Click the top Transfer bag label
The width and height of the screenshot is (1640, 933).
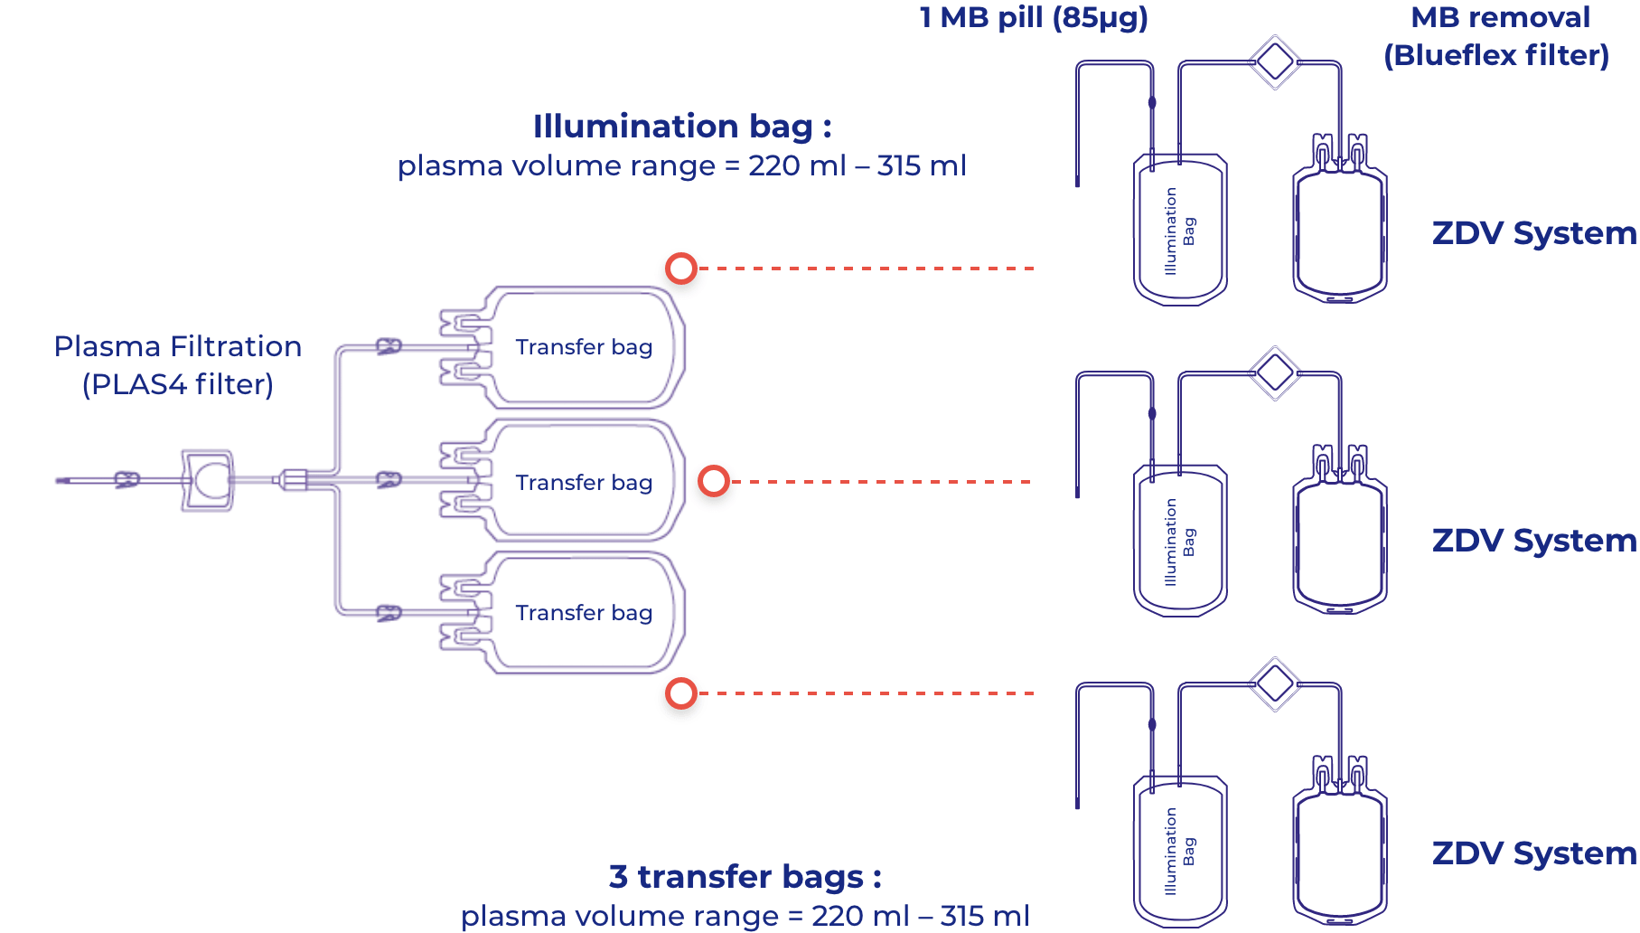click(584, 347)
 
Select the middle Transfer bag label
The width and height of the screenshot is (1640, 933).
click(584, 483)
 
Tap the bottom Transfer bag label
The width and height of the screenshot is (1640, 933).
click(584, 613)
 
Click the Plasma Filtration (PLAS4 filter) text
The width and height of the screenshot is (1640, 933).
click(178, 365)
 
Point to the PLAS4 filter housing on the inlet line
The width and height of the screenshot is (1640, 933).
click(207, 480)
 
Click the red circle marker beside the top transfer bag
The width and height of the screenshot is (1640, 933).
click(681, 269)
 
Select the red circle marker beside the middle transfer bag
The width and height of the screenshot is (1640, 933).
click(714, 481)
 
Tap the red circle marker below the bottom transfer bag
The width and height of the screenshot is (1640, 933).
click(681, 693)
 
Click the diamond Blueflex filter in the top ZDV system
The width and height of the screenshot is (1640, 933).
click(1275, 62)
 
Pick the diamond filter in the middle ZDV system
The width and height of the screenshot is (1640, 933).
click(1275, 373)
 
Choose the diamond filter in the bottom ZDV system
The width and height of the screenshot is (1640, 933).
click(1275, 684)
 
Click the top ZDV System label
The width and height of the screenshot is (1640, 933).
click(1534, 233)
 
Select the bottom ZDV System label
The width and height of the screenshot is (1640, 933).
click(1534, 853)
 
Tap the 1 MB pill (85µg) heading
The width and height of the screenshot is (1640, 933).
click(1034, 17)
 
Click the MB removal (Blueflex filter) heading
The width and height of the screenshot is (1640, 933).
click(1497, 36)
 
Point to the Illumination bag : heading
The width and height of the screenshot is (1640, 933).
click(682, 127)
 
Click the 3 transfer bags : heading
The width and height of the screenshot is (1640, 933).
click(745, 877)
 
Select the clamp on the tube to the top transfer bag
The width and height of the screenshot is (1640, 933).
click(389, 346)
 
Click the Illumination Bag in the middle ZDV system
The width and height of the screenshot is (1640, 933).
click(1180, 541)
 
